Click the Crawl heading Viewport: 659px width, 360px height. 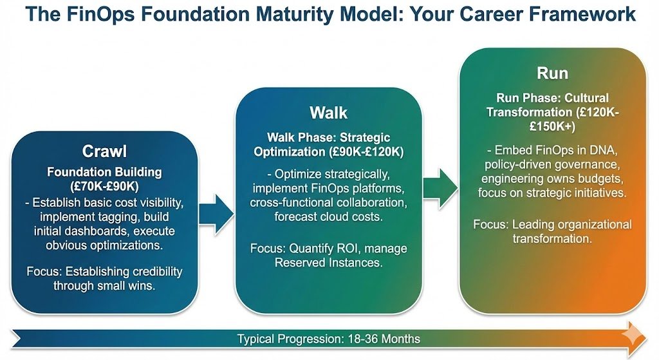pyautogui.click(x=104, y=151)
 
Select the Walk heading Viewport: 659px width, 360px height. pyautogui.click(x=328, y=113)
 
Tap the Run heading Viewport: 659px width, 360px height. pyautogui.click(x=552, y=72)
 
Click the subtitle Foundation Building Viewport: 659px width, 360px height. pyautogui.click(x=104, y=173)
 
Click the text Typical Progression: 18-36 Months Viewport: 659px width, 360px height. pyautogui.click(x=329, y=339)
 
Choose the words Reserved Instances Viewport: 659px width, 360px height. pyautogui.click(x=329, y=263)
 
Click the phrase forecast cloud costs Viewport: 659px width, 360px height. pyautogui.click(x=328, y=218)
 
